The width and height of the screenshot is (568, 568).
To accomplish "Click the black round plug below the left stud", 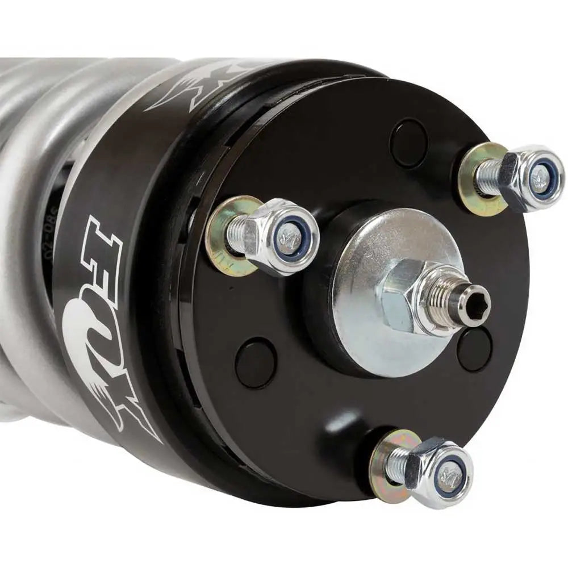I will pyautogui.click(x=256, y=362).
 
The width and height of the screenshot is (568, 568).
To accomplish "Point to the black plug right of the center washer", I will pyautogui.click(x=475, y=349).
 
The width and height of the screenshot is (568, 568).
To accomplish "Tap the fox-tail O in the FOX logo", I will pyautogui.click(x=85, y=324).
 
